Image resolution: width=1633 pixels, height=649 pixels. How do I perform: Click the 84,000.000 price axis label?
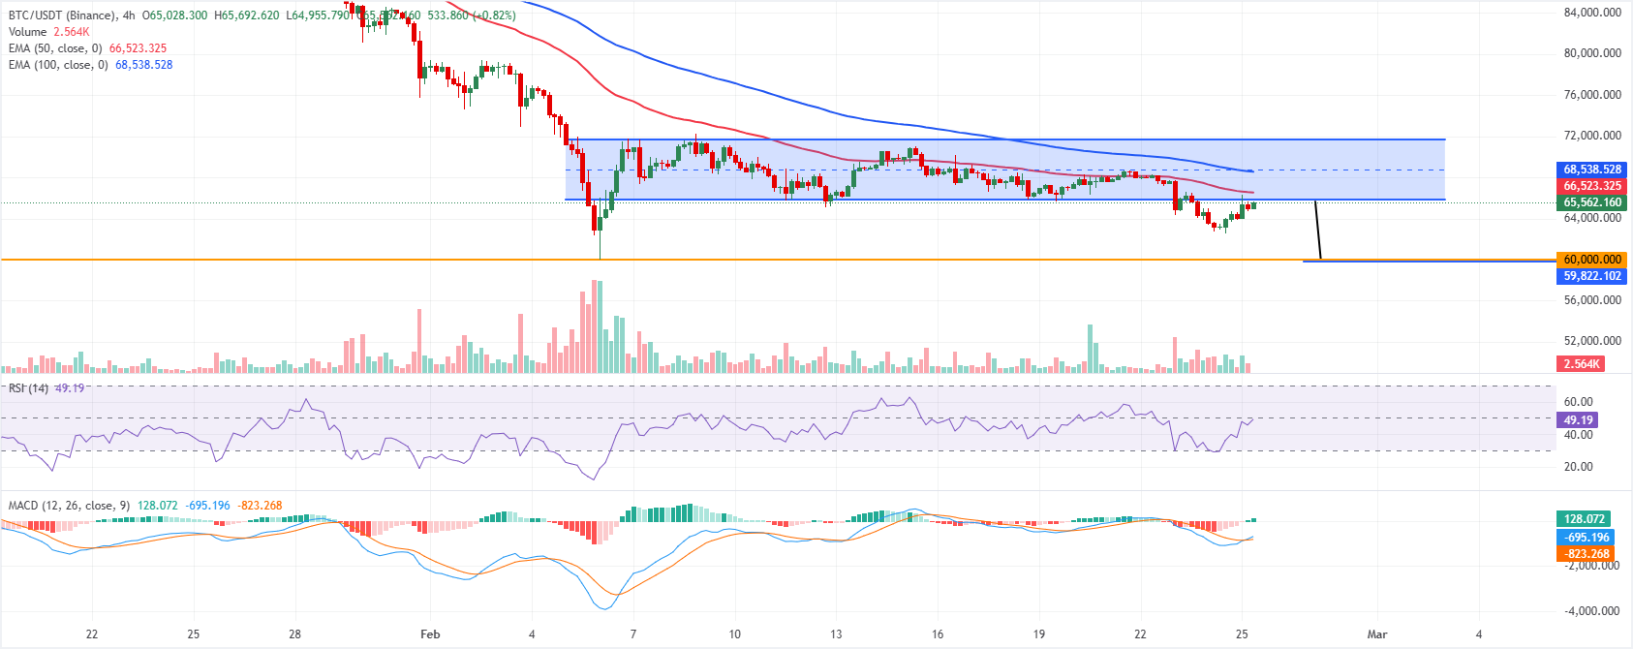(x=1592, y=13)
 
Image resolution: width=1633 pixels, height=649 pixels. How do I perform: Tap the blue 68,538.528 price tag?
(x=1592, y=170)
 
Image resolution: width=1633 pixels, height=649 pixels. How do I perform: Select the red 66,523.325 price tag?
(x=1592, y=186)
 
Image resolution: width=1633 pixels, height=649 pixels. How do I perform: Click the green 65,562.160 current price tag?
(x=1592, y=202)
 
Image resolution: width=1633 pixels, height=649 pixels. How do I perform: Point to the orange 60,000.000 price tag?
(x=1592, y=260)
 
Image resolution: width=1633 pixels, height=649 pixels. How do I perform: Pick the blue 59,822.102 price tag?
(x=1592, y=276)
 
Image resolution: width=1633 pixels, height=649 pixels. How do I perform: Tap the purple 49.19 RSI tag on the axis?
(x=1578, y=420)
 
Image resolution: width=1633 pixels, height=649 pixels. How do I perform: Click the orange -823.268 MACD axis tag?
(x=1587, y=555)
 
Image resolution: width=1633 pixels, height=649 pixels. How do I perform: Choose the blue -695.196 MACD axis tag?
(x=1587, y=538)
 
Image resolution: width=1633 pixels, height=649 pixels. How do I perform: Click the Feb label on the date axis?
(x=430, y=634)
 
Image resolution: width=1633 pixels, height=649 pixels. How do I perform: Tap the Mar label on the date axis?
(x=1376, y=634)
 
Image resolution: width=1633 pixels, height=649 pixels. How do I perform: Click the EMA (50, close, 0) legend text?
(x=55, y=48)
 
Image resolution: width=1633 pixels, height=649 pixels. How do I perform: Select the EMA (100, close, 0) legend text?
(x=58, y=65)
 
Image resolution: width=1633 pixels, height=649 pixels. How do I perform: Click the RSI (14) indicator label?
(x=28, y=388)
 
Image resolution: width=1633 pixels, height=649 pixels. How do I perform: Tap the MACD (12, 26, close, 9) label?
(x=69, y=506)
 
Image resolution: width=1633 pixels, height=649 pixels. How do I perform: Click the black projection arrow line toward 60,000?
(x=1317, y=231)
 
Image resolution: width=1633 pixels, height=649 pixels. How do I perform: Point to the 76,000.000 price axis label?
(x=1592, y=95)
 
